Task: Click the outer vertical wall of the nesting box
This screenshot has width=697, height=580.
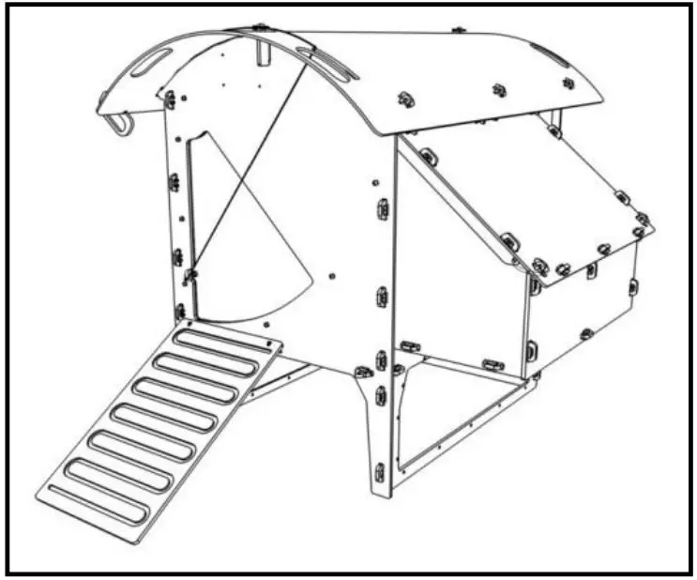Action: tap(582, 300)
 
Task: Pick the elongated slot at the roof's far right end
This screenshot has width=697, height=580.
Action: tap(549, 54)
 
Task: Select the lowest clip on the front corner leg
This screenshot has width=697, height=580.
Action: tap(379, 470)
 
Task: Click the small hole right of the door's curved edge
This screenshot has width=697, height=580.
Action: tap(332, 277)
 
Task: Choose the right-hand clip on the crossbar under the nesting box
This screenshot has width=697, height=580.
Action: tap(492, 364)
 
